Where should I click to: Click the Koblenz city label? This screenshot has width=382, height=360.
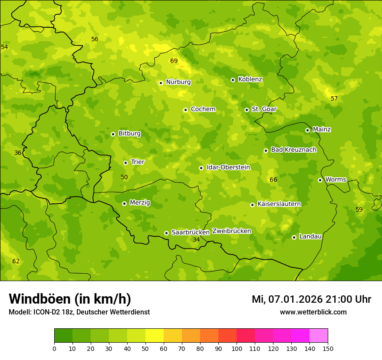coord(250,79)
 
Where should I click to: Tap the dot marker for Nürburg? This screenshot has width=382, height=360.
coord(161,83)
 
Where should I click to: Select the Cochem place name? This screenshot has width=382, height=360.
coord(203,109)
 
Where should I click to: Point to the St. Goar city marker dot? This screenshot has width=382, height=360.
coord(247,110)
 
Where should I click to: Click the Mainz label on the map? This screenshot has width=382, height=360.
coord(322,130)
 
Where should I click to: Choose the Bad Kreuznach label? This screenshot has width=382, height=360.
coord(293,150)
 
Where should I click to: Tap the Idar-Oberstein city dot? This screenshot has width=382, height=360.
coord(201,168)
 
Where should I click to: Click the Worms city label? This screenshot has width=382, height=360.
coord(336,180)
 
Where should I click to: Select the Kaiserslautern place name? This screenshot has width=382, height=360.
coord(279,204)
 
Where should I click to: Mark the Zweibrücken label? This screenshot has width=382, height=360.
coord(232,231)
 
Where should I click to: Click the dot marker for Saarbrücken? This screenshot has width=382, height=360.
coord(166,233)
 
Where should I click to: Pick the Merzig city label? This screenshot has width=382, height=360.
coord(140,203)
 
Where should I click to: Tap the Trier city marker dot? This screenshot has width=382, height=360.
coord(125,163)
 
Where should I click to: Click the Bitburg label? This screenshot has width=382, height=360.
coord(129,134)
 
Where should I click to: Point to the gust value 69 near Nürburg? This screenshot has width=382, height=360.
coord(174,61)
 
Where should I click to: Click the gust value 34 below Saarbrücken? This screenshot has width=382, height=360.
coord(196,239)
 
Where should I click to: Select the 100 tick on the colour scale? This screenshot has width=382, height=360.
coord(237,348)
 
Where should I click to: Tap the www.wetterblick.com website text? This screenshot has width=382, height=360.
coord(313,312)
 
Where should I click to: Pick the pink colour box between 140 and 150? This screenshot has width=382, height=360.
coord(319,336)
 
